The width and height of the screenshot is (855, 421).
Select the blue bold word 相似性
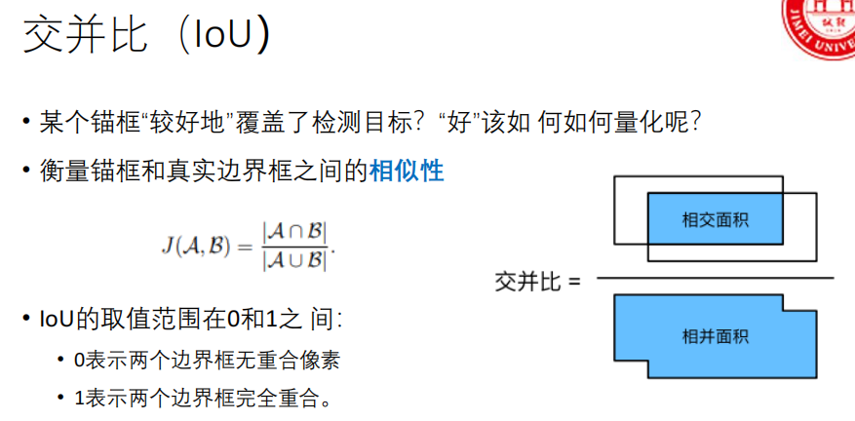407,172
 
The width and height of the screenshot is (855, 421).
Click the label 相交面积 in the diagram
715,219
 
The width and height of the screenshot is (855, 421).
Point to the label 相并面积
715,336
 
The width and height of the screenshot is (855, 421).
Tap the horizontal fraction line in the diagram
715,280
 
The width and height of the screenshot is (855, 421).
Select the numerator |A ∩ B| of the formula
295,232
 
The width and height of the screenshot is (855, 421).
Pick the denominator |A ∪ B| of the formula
295,260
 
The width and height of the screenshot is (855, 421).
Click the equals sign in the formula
244,247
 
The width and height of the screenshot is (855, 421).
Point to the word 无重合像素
291,360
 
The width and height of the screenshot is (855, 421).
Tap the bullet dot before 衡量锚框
27,172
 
